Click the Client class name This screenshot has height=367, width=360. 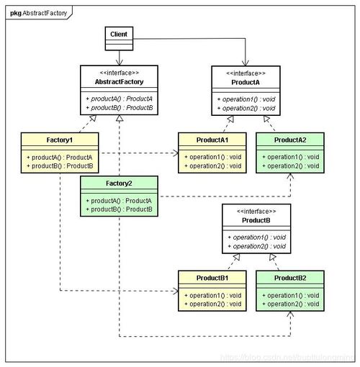tap(119, 34)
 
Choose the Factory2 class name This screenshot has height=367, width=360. tap(119, 183)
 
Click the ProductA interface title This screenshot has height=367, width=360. tap(247, 81)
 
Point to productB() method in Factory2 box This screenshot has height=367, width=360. tap(119, 209)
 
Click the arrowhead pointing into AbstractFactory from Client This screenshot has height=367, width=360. tap(119, 63)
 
